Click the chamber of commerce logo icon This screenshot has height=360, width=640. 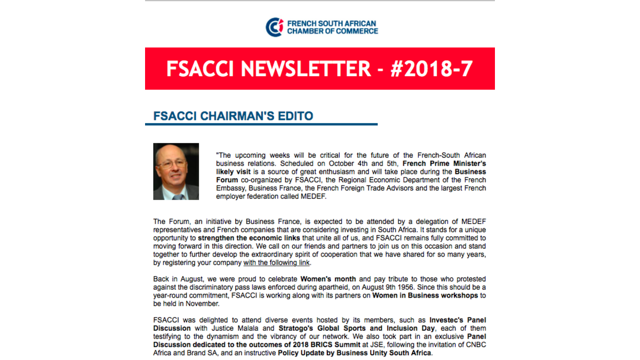[x=275, y=27]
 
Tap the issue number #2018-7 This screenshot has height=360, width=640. [x=432, y=69]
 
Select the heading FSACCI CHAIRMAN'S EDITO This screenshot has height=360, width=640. [x=233, y=116]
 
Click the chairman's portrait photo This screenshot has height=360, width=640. [x=176, y=171]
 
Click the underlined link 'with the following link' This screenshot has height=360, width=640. [x=276, y=263]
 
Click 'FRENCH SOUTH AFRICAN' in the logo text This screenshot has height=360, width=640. [x=332, y=24]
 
